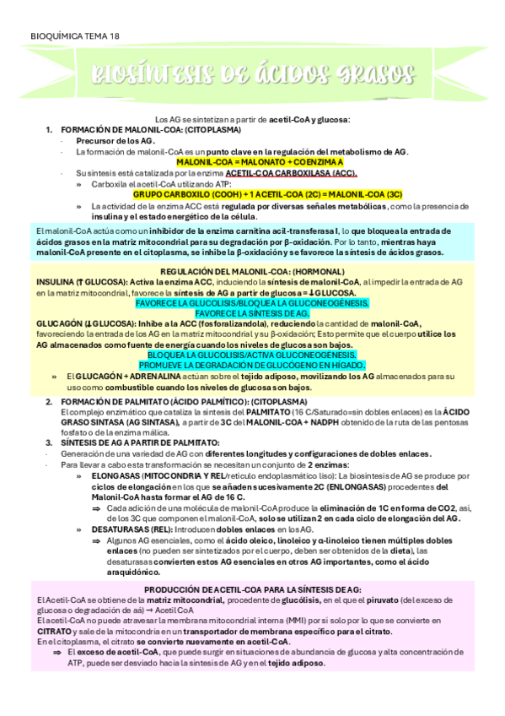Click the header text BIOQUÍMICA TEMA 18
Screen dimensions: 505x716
[x=74, y=37]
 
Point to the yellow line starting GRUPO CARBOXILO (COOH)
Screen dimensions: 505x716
[x=267, y=193]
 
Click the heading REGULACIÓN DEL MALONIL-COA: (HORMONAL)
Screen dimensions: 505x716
[x=254, y=270]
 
